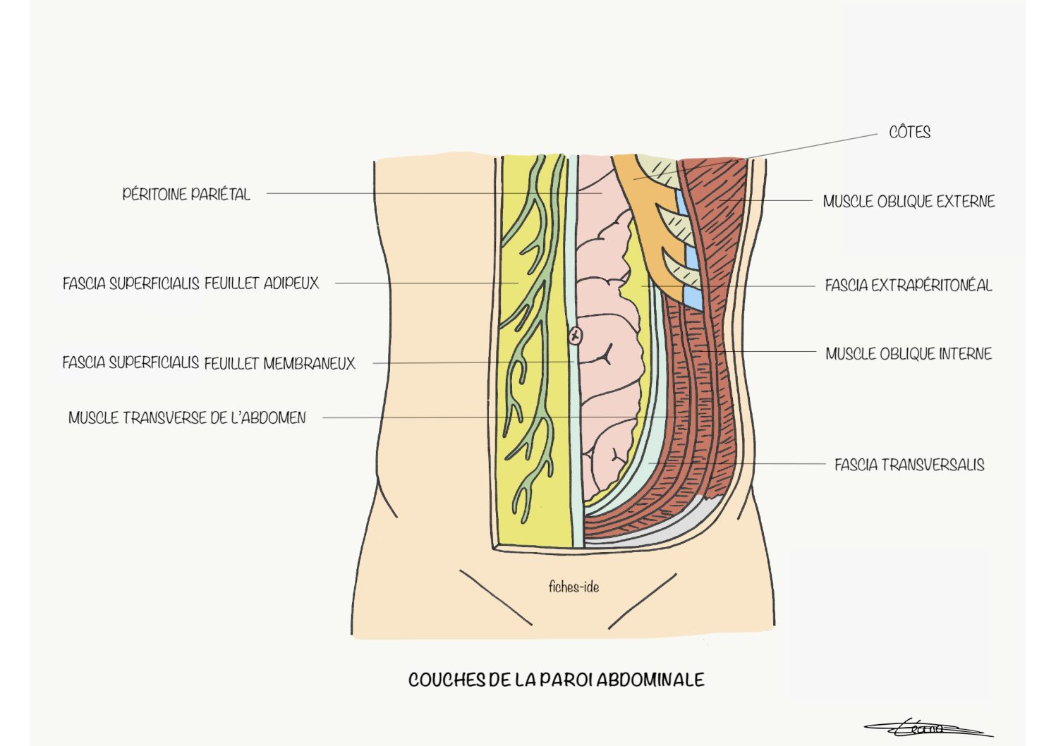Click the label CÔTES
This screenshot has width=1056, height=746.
[909, 132]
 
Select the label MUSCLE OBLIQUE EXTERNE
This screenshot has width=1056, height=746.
[909, 202]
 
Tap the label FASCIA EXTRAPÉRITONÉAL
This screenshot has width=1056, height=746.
[909, 286]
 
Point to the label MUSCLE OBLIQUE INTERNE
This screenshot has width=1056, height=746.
[909, 354]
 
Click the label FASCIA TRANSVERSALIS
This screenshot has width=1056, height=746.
[909, 465]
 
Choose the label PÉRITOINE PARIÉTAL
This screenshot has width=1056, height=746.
[186, 194]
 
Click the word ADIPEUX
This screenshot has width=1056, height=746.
[291, 283]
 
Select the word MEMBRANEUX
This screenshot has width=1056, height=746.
[309, 364]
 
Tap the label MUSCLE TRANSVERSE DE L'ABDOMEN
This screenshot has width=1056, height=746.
[187, 417]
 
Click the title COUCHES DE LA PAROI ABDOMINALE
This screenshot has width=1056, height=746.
[556, 680]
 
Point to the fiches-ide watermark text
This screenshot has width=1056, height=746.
[573, 587]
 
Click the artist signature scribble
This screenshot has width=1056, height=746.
[928, 728]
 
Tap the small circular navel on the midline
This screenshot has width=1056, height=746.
[576, 336]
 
